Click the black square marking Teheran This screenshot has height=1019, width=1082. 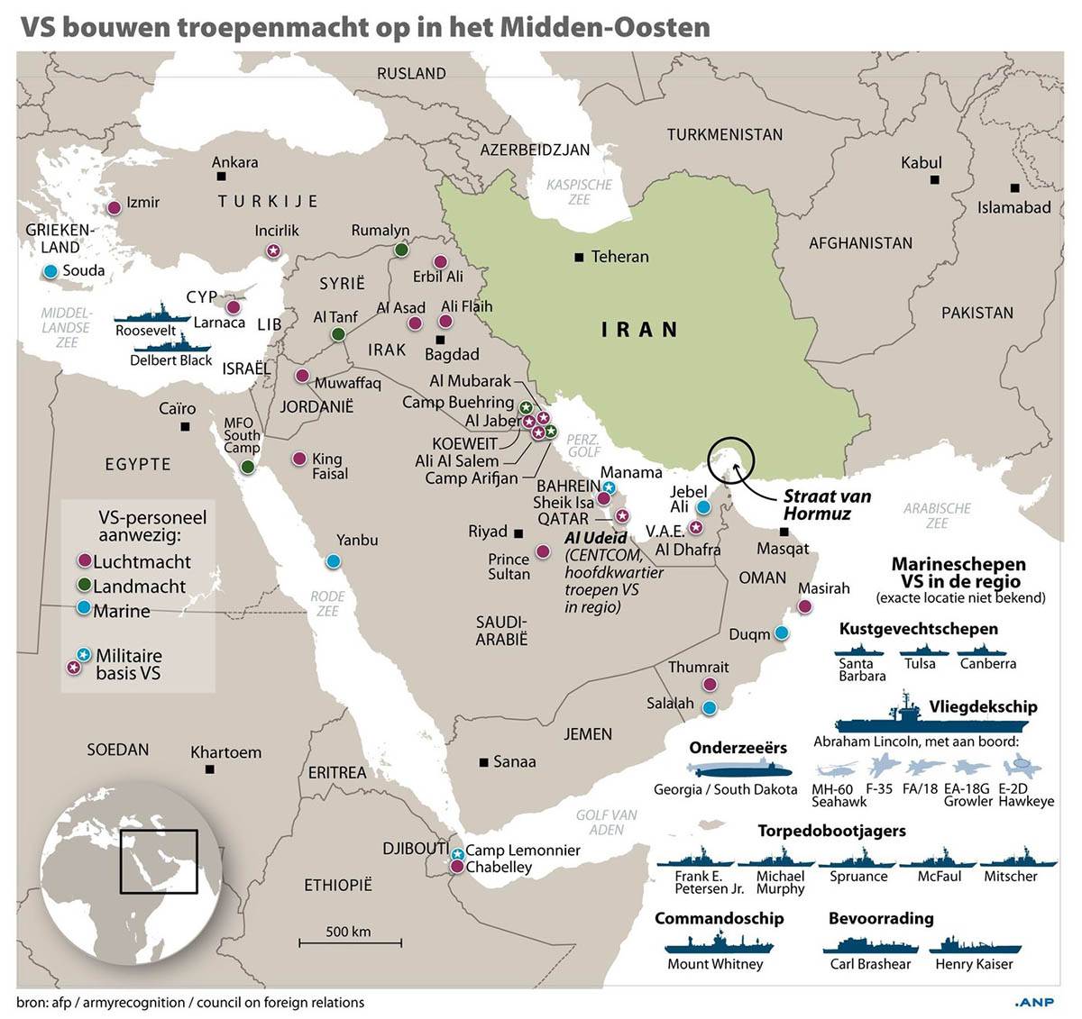578,258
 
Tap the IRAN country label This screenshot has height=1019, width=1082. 639,330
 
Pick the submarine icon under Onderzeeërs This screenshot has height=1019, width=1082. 738,770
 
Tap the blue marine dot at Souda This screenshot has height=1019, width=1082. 50,271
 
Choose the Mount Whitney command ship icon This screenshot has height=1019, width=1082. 718,942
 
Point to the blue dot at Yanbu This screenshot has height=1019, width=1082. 334,560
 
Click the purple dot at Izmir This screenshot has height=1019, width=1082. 115,208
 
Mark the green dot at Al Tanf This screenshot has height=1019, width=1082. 338,334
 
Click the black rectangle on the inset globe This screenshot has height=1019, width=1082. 159,860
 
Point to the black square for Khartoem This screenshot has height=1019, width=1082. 210,769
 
